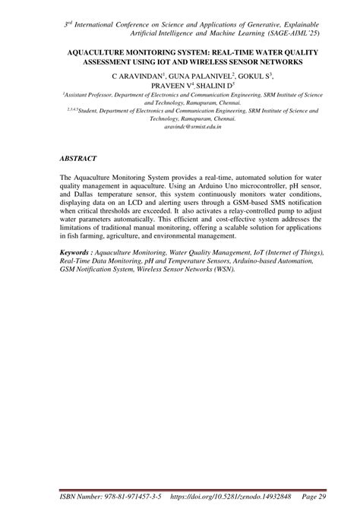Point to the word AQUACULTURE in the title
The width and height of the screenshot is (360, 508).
100,49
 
